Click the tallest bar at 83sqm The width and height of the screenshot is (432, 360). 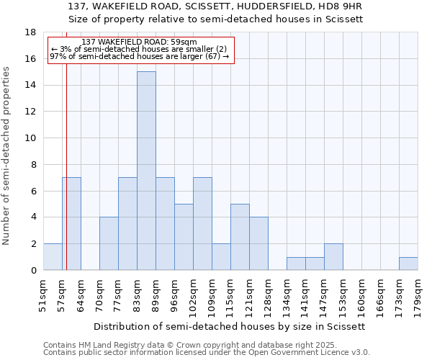coord(146,171)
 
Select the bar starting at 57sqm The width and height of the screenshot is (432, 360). coord(71,223)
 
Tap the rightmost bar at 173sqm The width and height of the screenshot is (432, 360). coord(408,264)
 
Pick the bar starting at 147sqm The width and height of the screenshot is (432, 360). coord(333,257)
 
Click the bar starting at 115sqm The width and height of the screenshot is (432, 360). coord(240,237)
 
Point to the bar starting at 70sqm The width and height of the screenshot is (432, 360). coord(109,243)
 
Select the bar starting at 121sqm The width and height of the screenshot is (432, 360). coord(258,243)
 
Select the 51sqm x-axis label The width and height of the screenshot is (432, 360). coord(43,295)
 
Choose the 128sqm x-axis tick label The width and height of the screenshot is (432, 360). coord(268,295)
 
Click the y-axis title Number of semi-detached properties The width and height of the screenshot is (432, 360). coord(7,156)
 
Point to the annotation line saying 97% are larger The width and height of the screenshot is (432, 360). coord(139,56)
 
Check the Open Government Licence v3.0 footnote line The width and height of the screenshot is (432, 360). coord(207,353)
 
